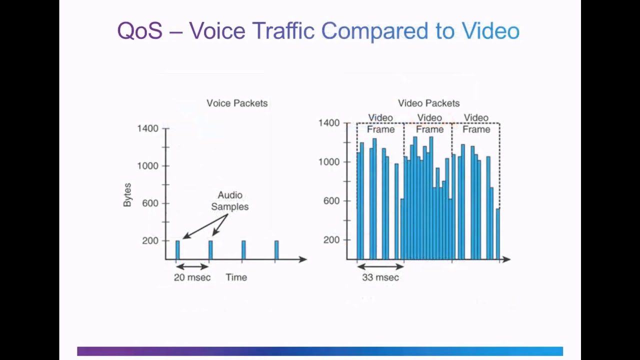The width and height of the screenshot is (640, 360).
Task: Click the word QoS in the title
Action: (x=139, y=31)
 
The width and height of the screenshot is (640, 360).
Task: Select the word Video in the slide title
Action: (x=490, y=31)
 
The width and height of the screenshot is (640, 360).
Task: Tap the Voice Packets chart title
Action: (x=237, y=103)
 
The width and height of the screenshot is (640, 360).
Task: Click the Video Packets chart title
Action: (x=428, y=103)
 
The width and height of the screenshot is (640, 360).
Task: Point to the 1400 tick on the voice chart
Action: (x=147, y=128)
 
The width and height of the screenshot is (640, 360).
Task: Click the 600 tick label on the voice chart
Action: (x=150, y=203)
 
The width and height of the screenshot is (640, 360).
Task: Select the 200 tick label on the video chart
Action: (x=331, y=240)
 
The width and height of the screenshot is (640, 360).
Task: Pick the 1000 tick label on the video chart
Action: (x=329, y=162)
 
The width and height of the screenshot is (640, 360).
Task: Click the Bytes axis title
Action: (x=127, y=195)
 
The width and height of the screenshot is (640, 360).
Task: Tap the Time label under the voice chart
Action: (x=236, y=277)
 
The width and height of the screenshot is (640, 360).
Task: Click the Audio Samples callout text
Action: (x=229, y=201)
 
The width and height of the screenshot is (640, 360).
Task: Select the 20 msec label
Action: (x=192, y=277)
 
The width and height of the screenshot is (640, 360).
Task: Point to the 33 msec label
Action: (x=380, y=277)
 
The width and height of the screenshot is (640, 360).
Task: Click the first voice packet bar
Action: (x=177, y=250)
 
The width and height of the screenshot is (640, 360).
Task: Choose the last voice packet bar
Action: (x=276, y=250)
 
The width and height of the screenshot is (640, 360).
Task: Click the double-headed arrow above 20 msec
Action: (x=192, y=266)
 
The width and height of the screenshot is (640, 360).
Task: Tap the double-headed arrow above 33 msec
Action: (x=380, y=266)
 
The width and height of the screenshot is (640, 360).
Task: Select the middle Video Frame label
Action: (x=429, y=123)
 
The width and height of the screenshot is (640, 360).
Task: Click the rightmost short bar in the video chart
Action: (x=497, y=234)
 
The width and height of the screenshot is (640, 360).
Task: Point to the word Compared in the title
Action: (x=374, y=31)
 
